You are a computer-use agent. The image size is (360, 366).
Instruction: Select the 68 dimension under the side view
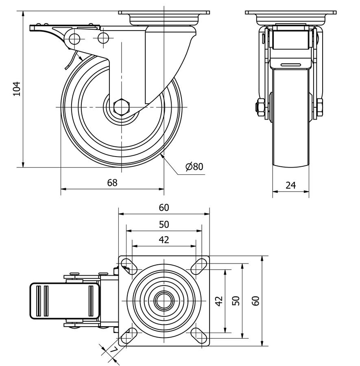tap(112, 183)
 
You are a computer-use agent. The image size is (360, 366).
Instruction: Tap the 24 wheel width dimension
tap(290, 185)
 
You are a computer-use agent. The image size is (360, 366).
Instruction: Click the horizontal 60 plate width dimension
tap(164, 207)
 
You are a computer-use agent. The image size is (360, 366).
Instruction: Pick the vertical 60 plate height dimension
tap(255, 301)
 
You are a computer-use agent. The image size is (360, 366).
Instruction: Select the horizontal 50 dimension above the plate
tap(164, 224)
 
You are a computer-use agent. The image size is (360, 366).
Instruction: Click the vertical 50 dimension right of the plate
tap(237, 301)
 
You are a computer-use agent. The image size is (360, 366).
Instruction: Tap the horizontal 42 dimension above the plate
tap(164, 240)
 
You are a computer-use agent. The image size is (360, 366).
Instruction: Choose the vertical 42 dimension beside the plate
tap(219, 301)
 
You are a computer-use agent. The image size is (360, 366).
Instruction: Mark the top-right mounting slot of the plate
tap(199, 266)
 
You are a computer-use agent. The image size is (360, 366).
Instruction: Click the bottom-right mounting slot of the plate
tap(199, 335)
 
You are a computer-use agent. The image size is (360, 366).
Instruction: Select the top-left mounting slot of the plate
tap(129, 266)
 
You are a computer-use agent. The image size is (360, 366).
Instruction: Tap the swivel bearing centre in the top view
tap(164, 301)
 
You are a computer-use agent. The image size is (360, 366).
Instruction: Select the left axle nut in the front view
tap(259, 107)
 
